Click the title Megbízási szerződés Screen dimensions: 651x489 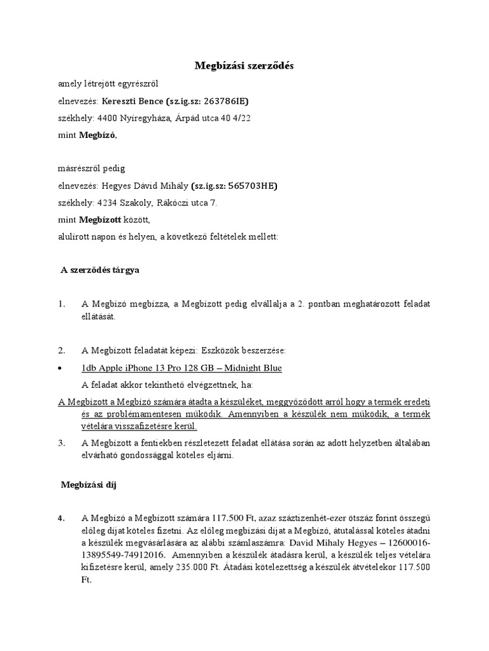(244, 65)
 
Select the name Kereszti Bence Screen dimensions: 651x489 (132, 101)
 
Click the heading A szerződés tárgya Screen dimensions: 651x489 (99, 270)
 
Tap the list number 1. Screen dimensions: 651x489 (61, 305)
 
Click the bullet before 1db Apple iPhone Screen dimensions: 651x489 (60, 369)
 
